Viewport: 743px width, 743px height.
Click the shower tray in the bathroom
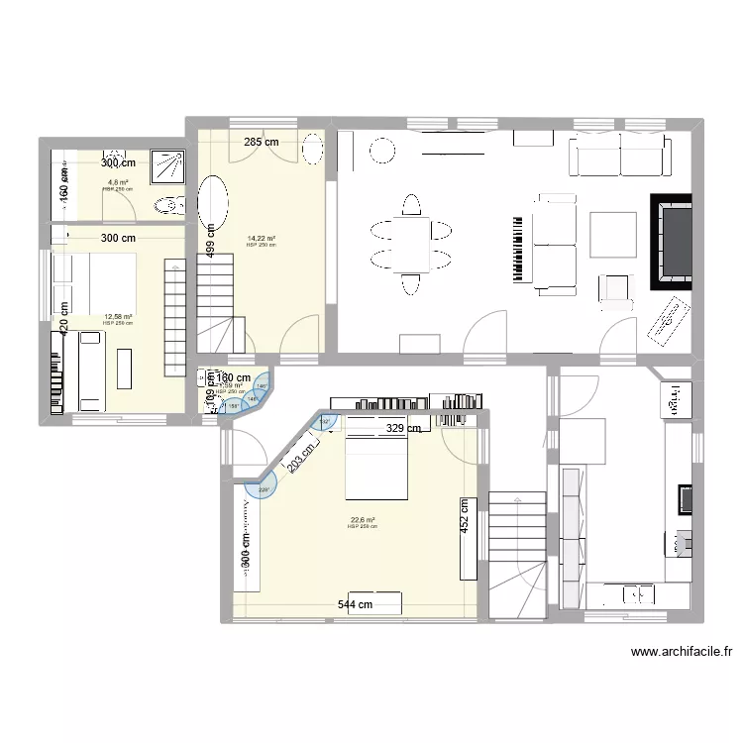pyautogui.click(x=166, y=165)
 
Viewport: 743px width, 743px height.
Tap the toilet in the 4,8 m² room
pyautogui.click(x=168, y=205)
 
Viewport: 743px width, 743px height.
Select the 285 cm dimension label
pyautogui.click(x=263, y=143)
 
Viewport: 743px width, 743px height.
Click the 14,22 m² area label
pyautogui.click(x=262, y=238)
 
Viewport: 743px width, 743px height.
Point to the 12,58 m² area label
pyautogui.click(x=118, y=317)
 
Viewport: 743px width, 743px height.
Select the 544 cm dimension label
pyautogui.click(x=355, y=604)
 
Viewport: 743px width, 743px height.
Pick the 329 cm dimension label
pyautogui.click(x=403, y=429)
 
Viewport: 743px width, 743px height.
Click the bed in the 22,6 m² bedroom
pyautogui.click(x=375, y=469)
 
